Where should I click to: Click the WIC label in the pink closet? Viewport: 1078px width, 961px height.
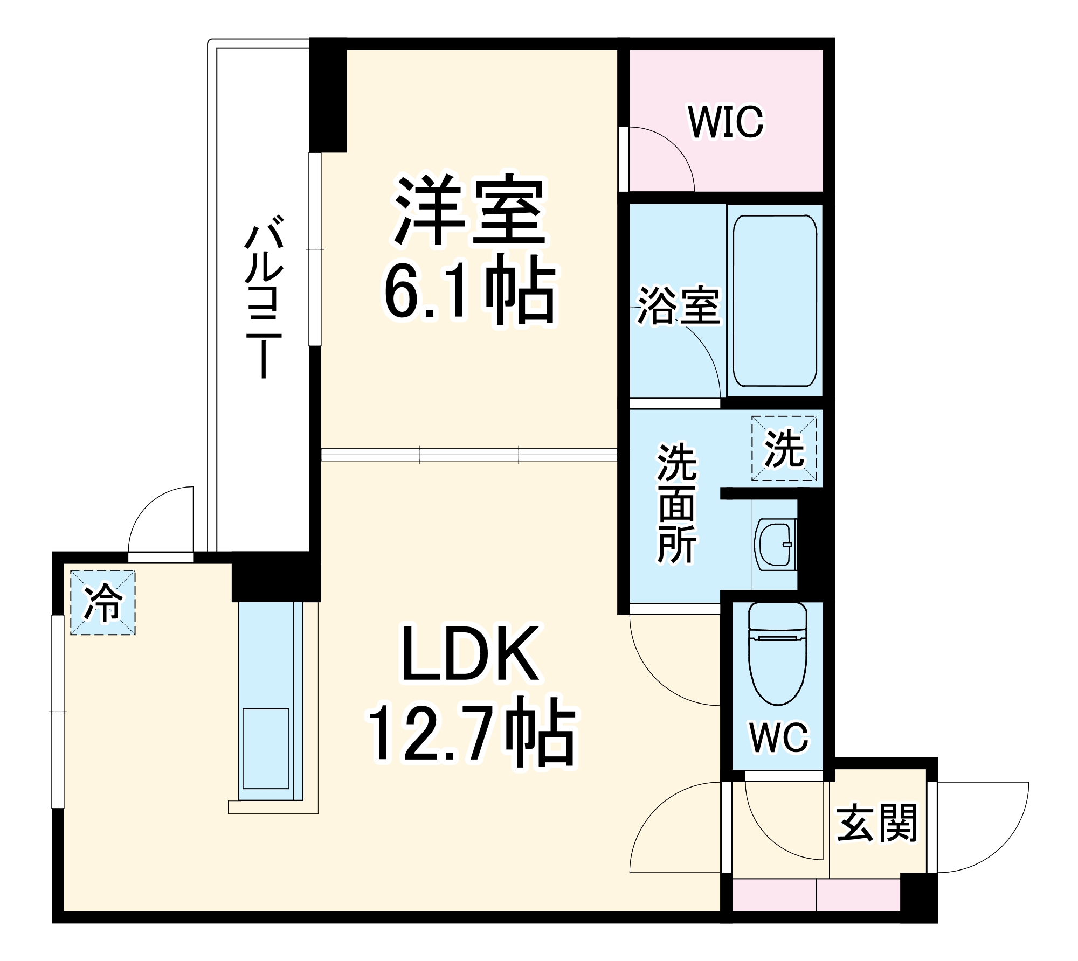point(725,122)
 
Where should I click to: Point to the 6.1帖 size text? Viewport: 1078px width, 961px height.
point(469,293)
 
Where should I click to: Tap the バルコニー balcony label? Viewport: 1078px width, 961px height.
point(264,297)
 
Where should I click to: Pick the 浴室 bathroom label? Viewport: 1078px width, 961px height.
point(679,308)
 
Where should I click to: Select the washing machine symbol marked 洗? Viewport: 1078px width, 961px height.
point(784,448)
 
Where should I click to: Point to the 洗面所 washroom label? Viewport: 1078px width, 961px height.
point(677,504)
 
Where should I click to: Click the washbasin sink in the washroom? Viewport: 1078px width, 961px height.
point(775,544)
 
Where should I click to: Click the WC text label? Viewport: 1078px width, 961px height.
point(779,737)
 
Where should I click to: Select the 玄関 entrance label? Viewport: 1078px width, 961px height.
point(876,824)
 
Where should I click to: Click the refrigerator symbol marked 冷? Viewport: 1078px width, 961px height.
point(102,602)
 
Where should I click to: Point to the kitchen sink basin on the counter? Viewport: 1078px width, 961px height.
point(265,749)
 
